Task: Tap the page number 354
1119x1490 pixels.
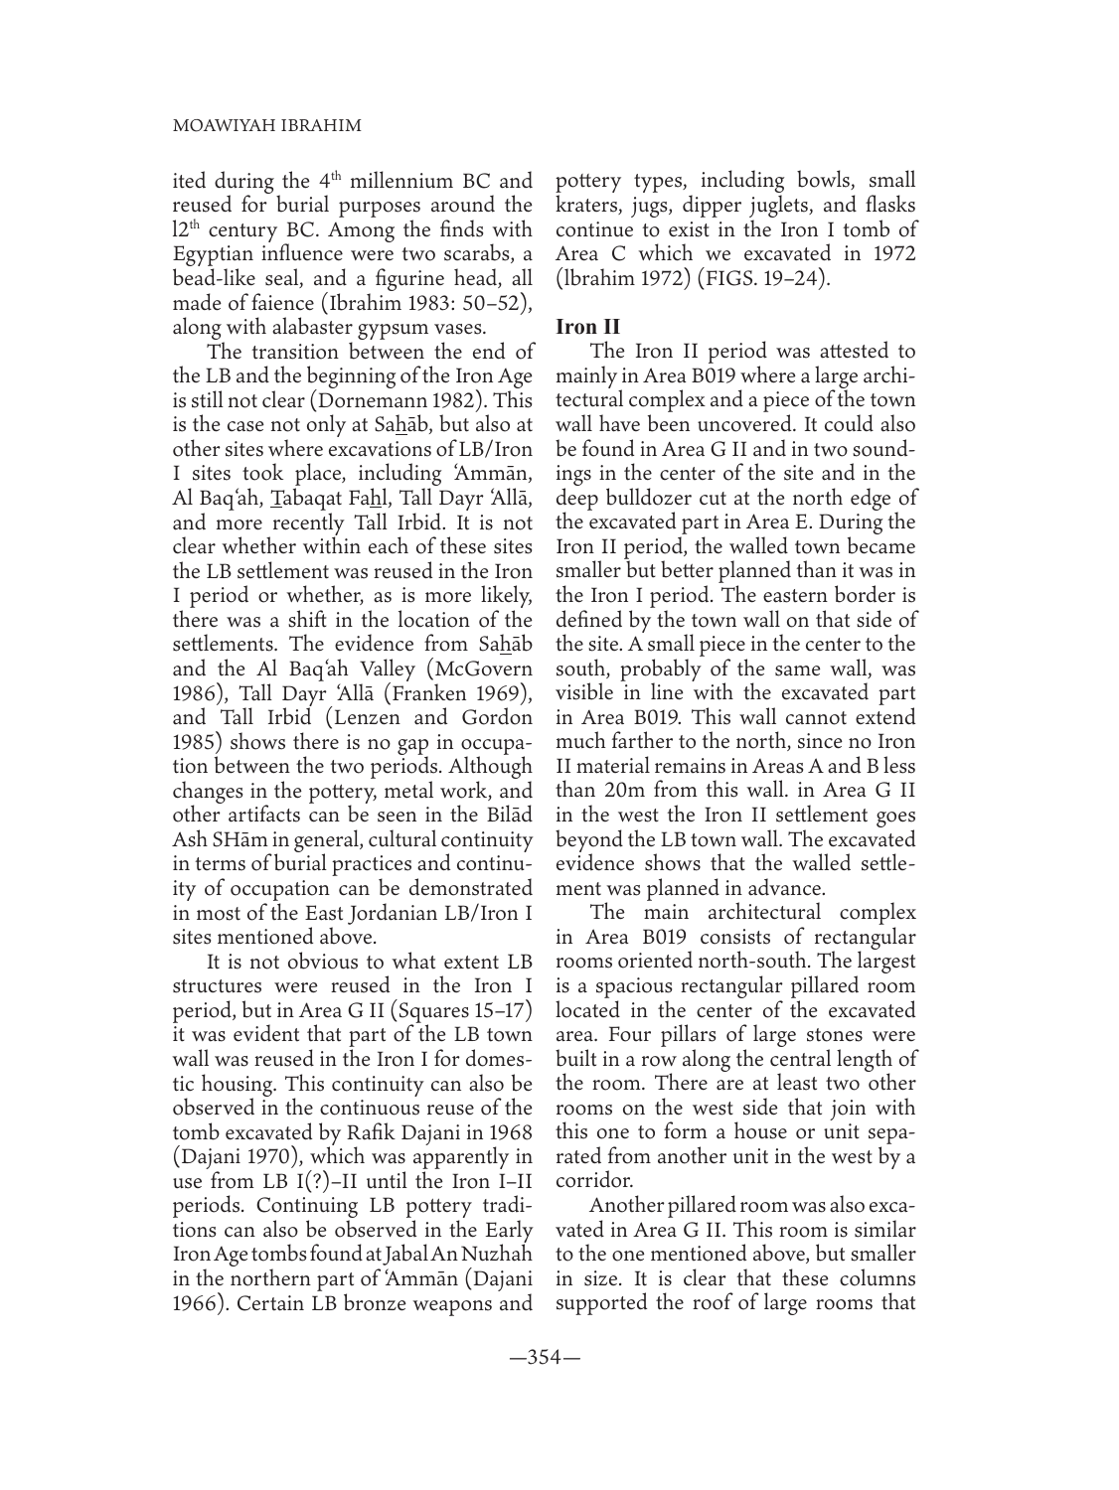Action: (545, 1385)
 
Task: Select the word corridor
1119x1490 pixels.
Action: (594, 1179)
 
